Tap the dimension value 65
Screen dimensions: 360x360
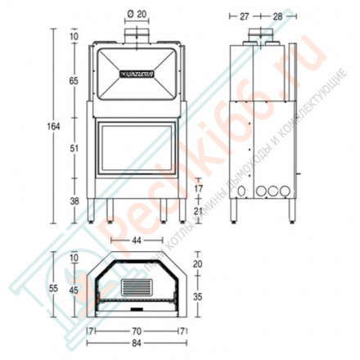click(x=74, y=81)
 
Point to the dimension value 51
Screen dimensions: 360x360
click(x=74, y=148)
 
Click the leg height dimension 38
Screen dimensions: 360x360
click(x=74, y=200)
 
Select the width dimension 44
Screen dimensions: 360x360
click(x=137, y=241)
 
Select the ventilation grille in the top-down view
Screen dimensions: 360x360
click(x=137, y=287)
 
